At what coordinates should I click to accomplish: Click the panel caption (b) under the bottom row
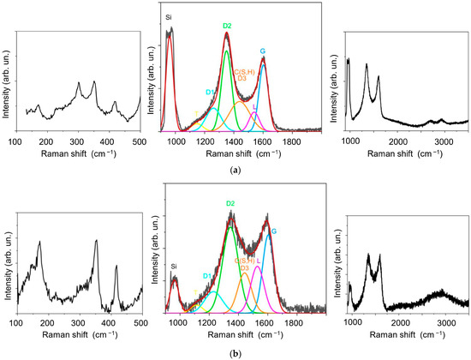(x=235, y=352)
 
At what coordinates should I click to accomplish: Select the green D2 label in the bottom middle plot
(x=230, y=203)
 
